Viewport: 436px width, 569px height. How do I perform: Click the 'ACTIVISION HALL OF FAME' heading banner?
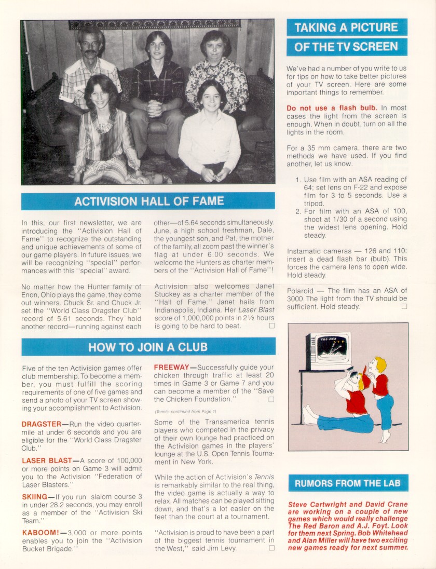(148, 201)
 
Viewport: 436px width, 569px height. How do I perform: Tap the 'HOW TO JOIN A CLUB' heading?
(148, 347)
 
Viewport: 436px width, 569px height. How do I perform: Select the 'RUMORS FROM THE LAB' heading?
(348, 483)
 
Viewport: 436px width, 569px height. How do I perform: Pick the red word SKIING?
(35, 496)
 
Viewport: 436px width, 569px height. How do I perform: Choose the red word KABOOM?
(39, 533)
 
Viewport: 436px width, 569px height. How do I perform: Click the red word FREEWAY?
(171, 367)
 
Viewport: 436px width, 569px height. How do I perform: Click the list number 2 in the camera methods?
(298, 211)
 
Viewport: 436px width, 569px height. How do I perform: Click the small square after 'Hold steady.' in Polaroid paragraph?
(404, 306)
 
